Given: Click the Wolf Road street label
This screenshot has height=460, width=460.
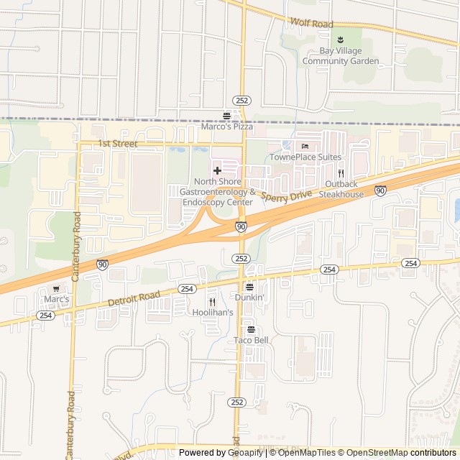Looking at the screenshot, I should click(x=312, y=24).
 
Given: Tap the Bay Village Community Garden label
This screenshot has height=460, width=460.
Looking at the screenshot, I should click(x=340, y=56).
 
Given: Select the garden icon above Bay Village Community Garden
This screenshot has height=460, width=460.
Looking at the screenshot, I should click(x=340, y=40).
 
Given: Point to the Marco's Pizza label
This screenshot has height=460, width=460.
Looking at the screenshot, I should click(x=227, y=126).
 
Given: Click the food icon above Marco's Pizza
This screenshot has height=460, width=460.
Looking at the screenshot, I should click(x=227, y=115).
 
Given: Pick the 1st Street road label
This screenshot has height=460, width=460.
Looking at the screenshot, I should click(x=118, y=144).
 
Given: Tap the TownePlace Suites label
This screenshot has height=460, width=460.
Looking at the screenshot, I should click(x=305, y=157).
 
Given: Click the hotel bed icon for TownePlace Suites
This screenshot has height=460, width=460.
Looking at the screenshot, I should click(x=305, y=145).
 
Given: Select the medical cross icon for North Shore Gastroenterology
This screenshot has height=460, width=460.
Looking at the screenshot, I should click(x=218, y=170).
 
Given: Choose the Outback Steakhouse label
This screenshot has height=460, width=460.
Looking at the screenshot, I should click(x=341, y=189).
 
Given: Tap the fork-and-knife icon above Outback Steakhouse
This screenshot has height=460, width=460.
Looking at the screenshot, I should click(x=341, y=173).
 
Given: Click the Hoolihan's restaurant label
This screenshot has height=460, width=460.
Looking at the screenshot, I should click(x=213, y=313).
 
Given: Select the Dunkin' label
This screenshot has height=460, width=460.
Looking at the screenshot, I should click(x=249, y=297).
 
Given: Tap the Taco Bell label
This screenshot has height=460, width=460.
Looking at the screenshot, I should click(x=250, y=340).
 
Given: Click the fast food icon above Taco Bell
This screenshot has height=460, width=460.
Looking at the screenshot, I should click(x=250, y=329).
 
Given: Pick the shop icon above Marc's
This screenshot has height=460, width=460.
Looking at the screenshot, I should click(x=56, y=288).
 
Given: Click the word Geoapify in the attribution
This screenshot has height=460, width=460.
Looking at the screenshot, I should click(x=247, y=453).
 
